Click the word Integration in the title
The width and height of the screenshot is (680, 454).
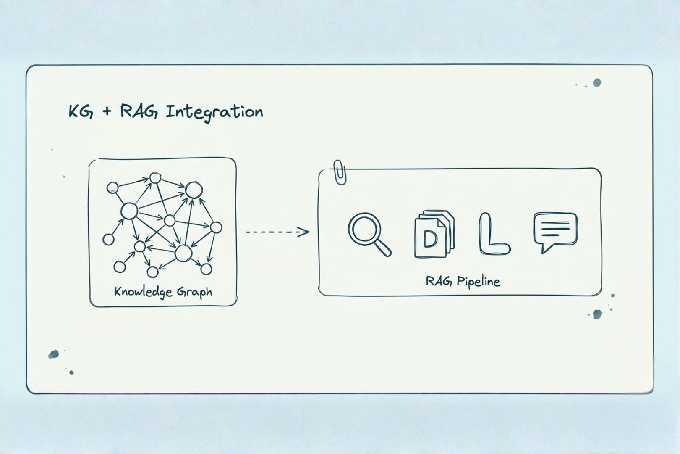click(x=214, y=113)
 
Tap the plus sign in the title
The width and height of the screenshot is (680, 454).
click(x=107, y=111)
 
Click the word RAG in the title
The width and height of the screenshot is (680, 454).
click(x=139, y=111)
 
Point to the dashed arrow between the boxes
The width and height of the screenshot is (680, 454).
click(x=277, y=232)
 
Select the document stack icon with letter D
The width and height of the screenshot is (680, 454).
click(x=434, y=234)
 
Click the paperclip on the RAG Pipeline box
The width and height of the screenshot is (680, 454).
click(x=340, y=172)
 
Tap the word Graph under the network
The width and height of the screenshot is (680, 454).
click(x=194, y=292)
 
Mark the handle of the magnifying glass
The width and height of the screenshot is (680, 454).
click(x=383, y=248)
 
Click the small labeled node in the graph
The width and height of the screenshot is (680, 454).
click(x=112, y=187)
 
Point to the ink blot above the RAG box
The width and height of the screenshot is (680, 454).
click(x=597, y=82)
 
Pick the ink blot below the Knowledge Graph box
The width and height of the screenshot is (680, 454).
click(x=53, y=354)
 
